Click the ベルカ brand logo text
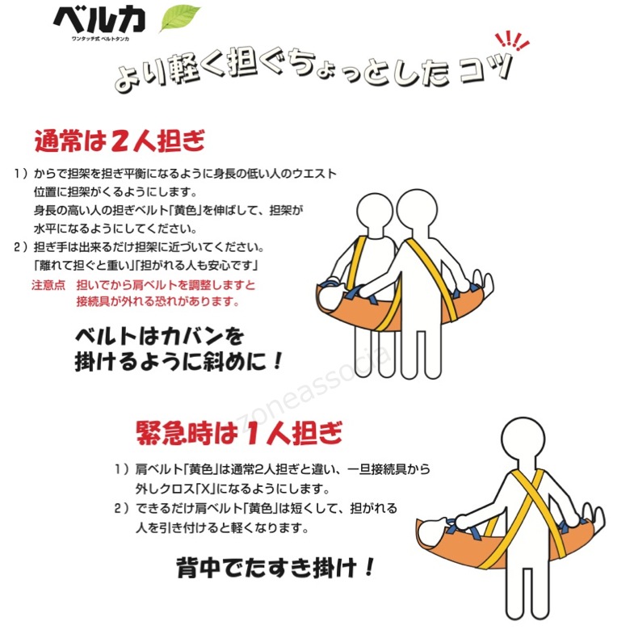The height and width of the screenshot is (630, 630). click(99, 20)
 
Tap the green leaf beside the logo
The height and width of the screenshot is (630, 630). click(179, 18)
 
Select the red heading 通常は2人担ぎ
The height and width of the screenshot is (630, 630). click(120, 141)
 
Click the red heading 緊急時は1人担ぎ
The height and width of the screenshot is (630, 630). click(239, 432)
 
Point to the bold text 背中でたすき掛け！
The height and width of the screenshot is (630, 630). click(275, 567)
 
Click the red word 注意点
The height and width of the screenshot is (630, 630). click(48, 285)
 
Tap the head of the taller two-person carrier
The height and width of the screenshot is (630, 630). click(417, 210)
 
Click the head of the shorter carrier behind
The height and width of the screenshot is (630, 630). click(375, 212)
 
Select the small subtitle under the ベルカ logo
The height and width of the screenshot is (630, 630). click(100, 39)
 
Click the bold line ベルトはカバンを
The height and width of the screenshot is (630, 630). click(159, 336)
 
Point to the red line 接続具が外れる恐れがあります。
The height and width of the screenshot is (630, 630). click(157, 301)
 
